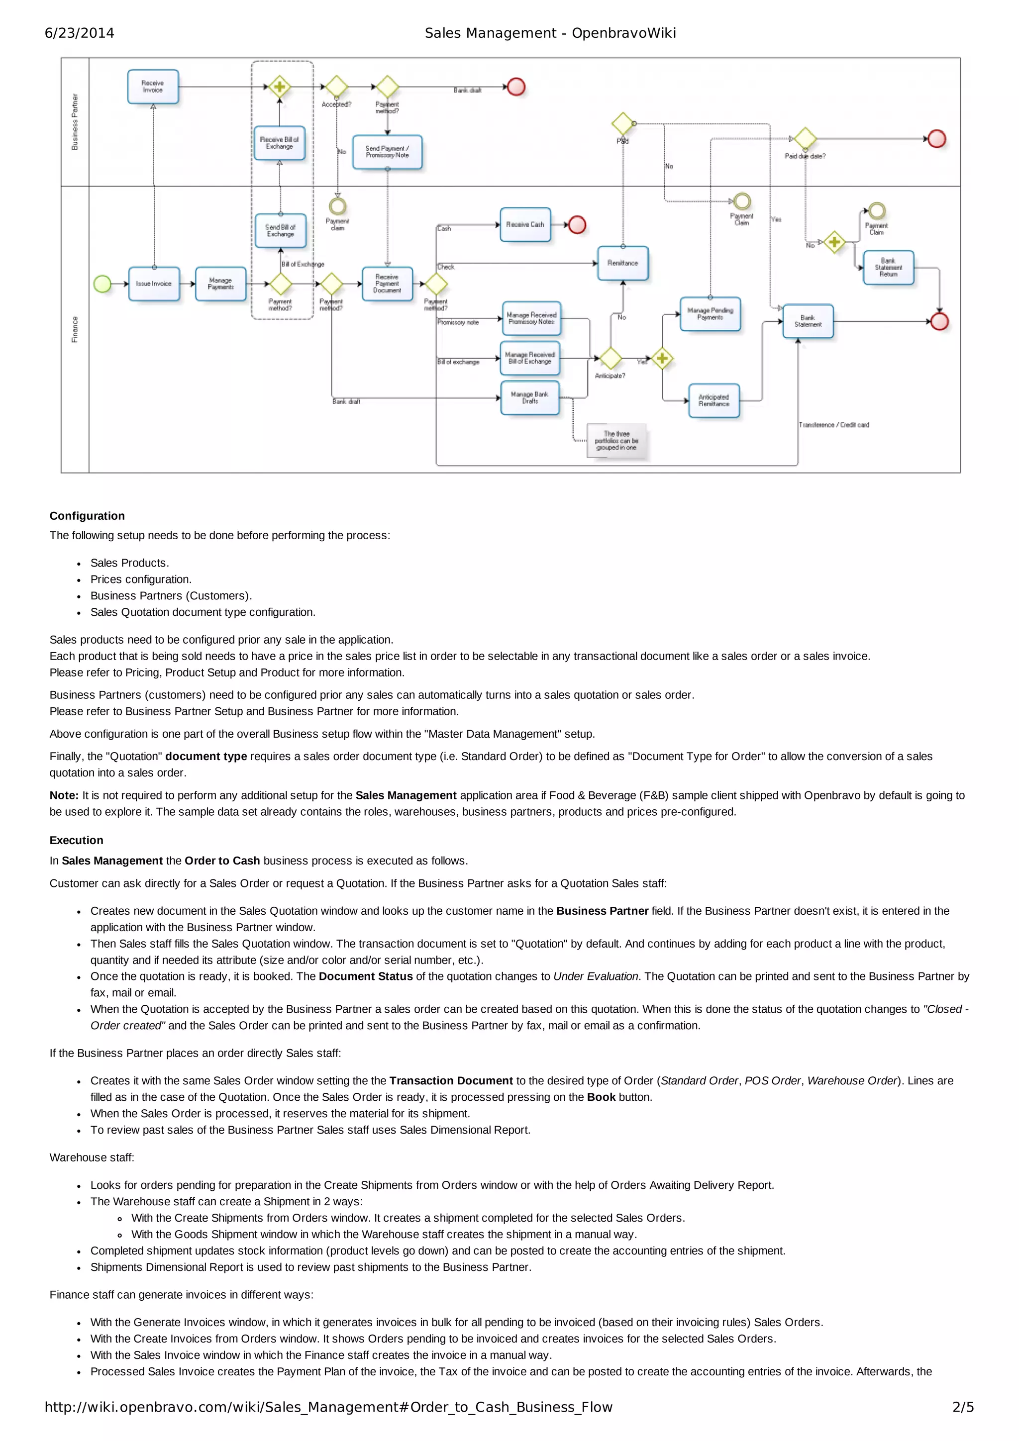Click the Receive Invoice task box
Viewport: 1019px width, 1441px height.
point(153,87)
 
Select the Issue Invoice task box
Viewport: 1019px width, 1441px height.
point(154,284)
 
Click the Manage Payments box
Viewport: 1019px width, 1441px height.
point(220,284)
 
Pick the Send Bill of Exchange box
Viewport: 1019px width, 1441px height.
point(281,231)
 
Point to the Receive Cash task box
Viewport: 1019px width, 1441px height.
point(525,225)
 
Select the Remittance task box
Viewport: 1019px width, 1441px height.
point(623,264)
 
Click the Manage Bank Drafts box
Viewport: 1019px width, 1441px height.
point(530,398)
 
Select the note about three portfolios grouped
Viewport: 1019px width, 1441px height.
point(616,441)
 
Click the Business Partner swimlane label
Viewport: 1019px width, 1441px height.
point(75,122)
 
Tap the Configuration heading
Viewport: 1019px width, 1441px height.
point(87,516)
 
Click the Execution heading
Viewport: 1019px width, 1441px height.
point(77,840)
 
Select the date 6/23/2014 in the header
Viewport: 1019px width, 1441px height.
point(80,33)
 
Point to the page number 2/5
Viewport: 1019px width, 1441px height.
point(962,1407)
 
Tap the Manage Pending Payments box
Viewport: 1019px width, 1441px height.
point(710,314)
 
